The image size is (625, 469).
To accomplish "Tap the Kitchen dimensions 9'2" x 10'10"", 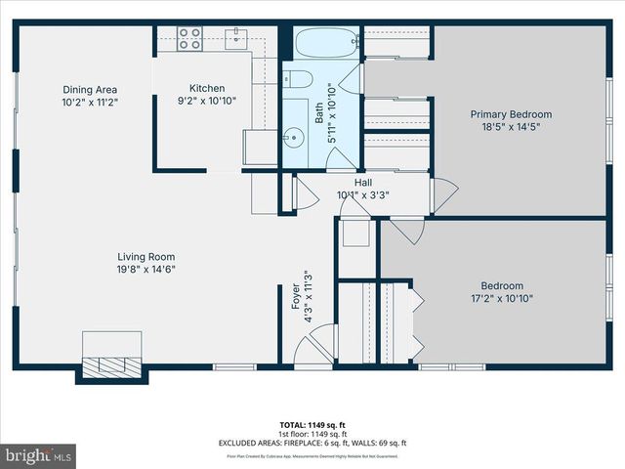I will pyautogui.click(x=206, y=100).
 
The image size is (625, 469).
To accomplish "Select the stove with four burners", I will pyautogui.click(x=189, y=38).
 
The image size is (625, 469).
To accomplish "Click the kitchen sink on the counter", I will pyautogui.click(x=236, y=38).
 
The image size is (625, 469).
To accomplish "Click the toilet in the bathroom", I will pyautogui.click(x=299, y=80).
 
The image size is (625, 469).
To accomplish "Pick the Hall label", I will pyautogui.click(x=362, y=182).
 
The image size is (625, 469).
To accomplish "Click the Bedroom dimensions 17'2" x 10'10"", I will pyautogui.click(x=501, y=299).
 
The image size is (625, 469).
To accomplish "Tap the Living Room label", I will pyautogui.click(x=146, y=256).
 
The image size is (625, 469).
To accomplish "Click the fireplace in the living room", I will pyautogui.click(x=112, y=364).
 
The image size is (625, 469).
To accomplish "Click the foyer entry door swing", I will pyautogui.click(x=314, y=349).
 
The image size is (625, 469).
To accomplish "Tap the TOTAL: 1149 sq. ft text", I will pyautogui.click(x=312, y=425).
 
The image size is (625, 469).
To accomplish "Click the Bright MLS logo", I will pyautogui.click(x=39, y=455).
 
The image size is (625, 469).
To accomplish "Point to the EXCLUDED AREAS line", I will pyautogui.click(x=312, y=445).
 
